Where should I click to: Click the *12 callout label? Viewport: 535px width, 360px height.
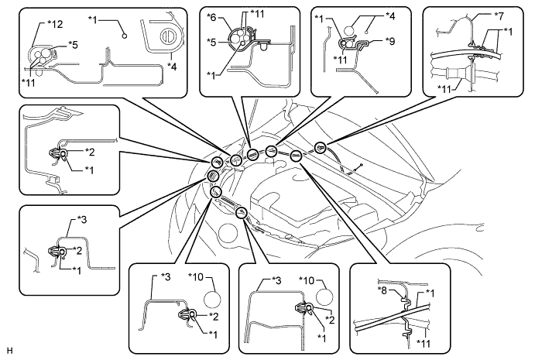53,24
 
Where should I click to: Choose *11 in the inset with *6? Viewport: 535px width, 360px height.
256,14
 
